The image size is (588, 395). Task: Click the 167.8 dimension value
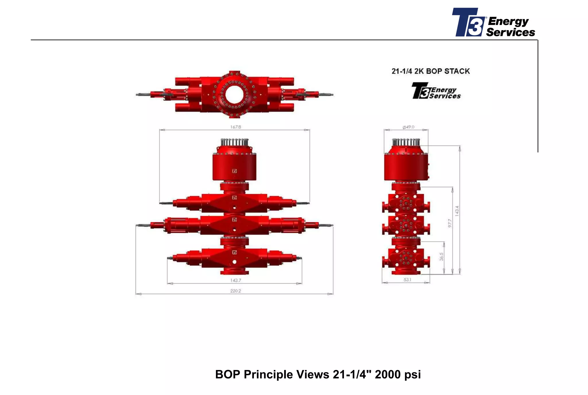coord(235,127)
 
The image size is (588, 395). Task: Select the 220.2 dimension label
coord(235,291)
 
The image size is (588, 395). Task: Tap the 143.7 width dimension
coord(235,280)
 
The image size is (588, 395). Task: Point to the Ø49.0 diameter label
coord(408,127)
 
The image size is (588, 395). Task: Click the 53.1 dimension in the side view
coord(407,280)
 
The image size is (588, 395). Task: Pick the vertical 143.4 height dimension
coord(457,211)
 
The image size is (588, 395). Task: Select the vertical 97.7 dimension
coord(450,223)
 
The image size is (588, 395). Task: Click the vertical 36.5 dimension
coord(441,257)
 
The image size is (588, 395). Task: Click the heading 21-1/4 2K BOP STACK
coord(430,71)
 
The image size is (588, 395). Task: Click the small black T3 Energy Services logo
coord(436,91)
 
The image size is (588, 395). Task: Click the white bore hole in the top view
coord(234,95)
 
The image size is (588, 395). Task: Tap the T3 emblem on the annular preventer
coord(234,171)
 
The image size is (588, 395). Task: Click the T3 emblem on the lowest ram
coord(234,252)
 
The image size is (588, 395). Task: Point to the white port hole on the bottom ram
coord(235,262)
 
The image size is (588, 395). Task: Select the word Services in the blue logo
coord(510,32)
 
